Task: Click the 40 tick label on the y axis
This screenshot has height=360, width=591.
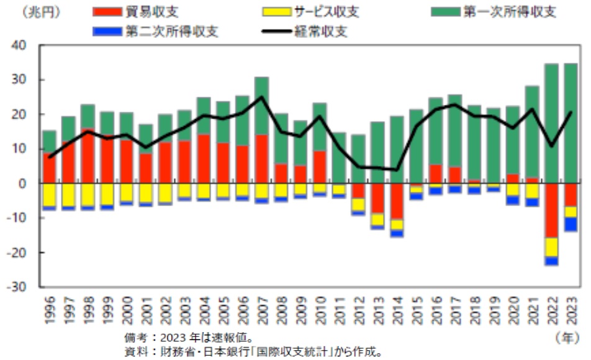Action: [x=20, y=45]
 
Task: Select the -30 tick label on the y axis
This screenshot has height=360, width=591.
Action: [x=19, y=287]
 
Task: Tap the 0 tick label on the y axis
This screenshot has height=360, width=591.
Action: [x=25, y=184]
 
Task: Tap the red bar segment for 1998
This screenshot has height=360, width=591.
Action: [x=88, y=156]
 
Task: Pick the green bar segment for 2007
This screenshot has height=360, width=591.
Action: [x=261, y=106]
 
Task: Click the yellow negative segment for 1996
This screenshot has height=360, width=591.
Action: [x=48, y=195]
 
